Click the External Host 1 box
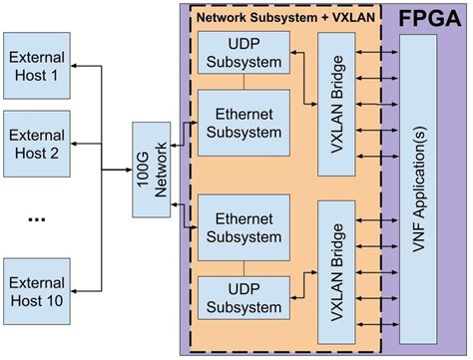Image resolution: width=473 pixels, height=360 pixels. coord(37,65)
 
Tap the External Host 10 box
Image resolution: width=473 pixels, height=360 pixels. coord(37,290)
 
